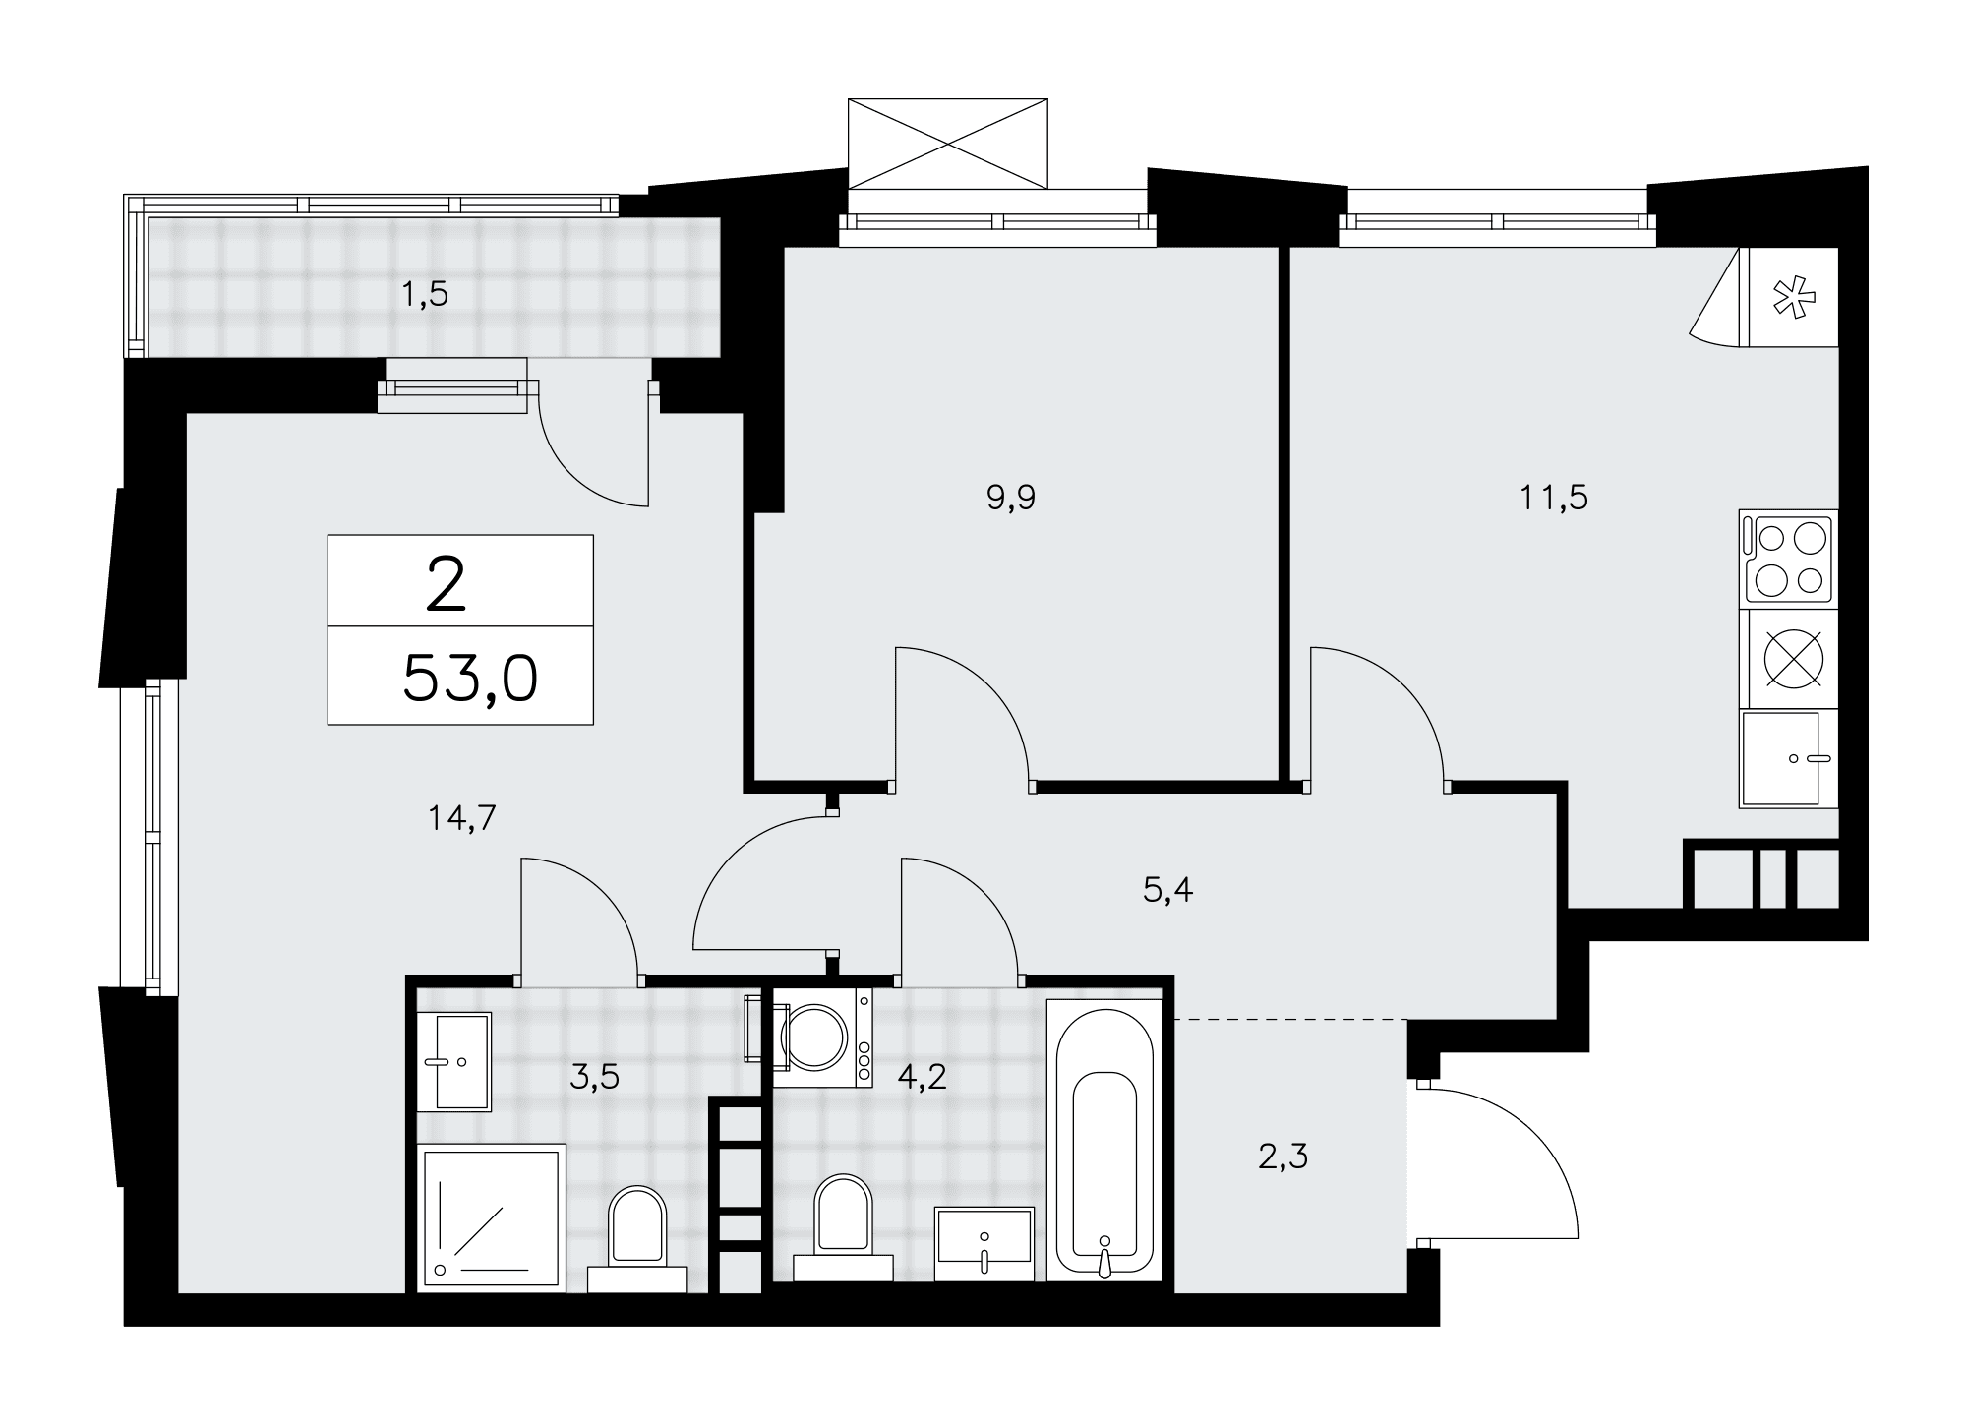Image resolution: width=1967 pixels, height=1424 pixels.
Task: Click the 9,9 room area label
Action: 1011,498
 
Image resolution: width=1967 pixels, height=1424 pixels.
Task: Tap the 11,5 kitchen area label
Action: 1554,498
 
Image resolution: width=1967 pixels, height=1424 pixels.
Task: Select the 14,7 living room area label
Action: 461,817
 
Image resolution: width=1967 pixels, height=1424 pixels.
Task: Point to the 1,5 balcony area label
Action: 425,293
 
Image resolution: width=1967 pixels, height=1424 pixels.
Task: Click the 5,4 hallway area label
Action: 1168,891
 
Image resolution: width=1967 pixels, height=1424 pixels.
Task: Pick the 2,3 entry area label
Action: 1282,1157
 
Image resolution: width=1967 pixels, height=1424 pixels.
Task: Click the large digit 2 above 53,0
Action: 446,585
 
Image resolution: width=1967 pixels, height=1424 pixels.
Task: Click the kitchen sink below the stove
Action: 1788,759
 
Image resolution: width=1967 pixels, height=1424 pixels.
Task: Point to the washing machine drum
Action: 814,1037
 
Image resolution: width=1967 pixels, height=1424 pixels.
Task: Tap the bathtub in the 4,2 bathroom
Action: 1104,1141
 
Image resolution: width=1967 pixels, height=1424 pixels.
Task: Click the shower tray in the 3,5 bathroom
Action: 492,1216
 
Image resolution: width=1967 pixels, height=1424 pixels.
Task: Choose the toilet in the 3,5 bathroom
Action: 637,1238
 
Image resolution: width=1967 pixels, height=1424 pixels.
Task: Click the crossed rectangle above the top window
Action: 948,143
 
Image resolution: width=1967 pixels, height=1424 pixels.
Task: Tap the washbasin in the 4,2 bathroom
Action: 984,1244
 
